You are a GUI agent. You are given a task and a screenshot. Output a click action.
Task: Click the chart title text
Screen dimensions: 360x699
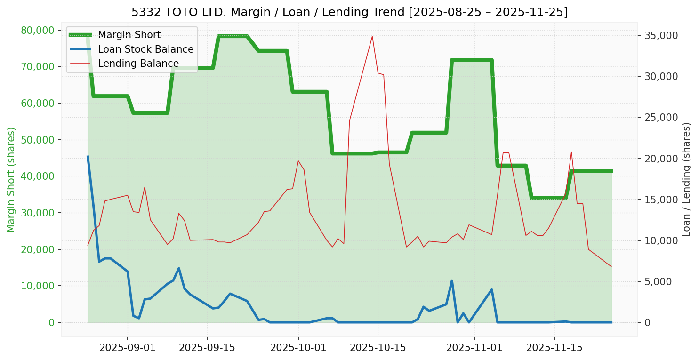pos(349,12)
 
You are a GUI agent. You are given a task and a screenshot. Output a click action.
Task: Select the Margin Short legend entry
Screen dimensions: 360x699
pos(129,35)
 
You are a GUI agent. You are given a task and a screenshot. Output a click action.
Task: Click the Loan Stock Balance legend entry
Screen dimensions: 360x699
pos(145,49)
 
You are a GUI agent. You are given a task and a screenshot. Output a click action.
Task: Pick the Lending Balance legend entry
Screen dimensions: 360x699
pos(138,64)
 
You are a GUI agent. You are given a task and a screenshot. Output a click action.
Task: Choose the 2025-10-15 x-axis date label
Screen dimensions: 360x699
pos(378,348)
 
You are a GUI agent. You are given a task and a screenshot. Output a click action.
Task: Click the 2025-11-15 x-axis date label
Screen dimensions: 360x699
pos(554,348)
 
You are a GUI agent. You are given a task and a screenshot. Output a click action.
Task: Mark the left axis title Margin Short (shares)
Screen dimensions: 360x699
pos(11,179)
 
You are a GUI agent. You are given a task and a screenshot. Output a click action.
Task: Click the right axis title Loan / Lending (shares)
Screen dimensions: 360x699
pos(686,179)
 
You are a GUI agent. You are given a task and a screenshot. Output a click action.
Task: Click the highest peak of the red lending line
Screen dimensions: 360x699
pos(372,36)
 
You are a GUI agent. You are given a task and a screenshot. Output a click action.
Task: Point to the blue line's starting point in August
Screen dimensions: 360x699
pos(88,157)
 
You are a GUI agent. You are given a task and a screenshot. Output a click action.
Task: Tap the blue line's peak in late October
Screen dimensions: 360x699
pos(452,281)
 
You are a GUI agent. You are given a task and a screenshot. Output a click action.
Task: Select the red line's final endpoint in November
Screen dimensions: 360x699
pos(611,266)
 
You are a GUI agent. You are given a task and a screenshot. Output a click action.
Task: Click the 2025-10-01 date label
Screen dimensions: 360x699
pos(298,348)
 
